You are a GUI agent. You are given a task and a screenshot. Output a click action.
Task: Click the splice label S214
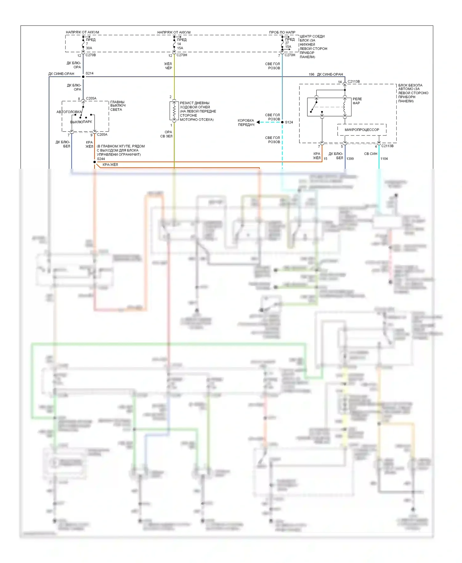(89, 73)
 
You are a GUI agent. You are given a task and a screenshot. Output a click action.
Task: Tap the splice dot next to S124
(282, 122)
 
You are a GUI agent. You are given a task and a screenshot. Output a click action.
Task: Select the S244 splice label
(101, 159)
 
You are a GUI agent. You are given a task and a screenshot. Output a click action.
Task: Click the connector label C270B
(91, 55)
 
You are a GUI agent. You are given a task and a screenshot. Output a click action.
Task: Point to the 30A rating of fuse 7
(89, 48)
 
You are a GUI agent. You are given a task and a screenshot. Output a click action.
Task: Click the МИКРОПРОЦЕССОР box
(362, 130)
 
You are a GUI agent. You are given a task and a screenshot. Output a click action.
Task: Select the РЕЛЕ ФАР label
(357, 101)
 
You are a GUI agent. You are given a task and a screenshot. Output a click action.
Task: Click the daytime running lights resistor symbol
(174, 111)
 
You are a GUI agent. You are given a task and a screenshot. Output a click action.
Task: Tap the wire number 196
(311, 74)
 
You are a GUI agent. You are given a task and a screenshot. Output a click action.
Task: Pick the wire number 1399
(350, 159)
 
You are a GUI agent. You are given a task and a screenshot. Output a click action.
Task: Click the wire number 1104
(384, 159)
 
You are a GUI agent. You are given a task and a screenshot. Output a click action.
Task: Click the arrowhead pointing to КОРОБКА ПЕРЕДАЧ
(258, 122)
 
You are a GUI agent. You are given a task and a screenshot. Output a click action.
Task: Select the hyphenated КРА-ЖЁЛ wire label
(110, 165)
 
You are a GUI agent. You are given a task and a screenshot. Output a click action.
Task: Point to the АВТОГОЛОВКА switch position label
(69, 112)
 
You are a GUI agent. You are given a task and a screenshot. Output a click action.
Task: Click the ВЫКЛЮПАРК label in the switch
(81, 122)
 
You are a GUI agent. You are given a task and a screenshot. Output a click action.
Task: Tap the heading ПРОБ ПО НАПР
(282, 32)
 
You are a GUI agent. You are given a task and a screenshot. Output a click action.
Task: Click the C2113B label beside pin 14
(354, 82)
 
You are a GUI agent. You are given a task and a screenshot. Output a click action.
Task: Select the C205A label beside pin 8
(91, 99)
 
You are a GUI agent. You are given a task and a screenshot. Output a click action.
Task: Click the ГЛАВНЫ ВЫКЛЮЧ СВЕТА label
(118, 106)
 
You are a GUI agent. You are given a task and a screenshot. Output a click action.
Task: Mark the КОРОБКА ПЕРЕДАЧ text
(246, 123)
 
